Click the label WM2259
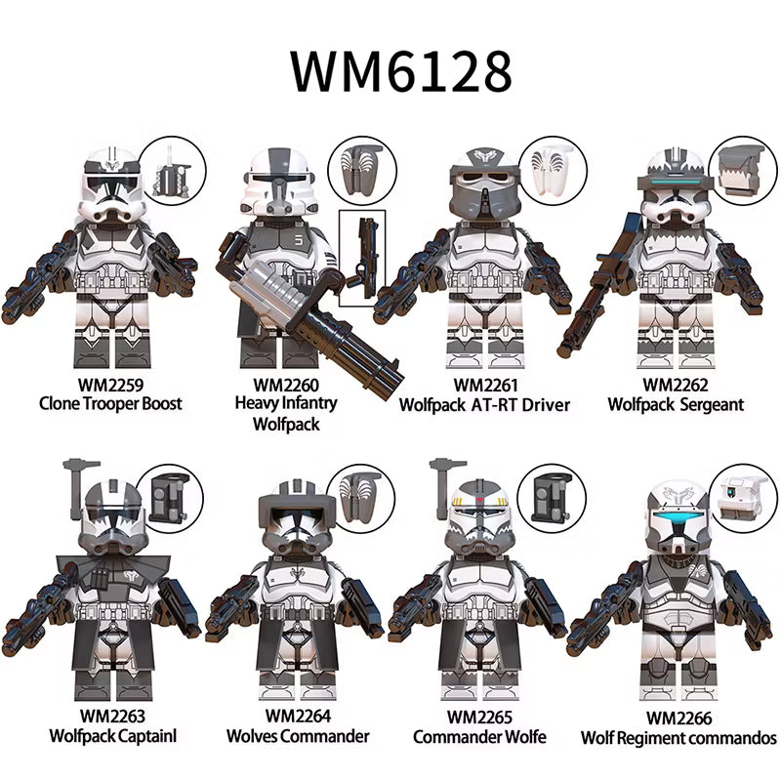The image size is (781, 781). tap(110, 385)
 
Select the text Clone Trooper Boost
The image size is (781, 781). tap(110, 403)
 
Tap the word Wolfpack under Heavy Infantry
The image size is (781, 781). tap(286, 425)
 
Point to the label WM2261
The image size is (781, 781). tap(485, 385)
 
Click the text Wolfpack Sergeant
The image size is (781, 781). tap(676, 404)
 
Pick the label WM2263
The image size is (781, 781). tap(112, 717)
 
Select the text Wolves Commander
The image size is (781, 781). tap(298, 736)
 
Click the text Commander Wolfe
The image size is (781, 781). tap(479, 737)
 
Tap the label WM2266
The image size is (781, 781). tap(678, 719)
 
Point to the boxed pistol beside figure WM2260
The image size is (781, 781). tap(363, 258)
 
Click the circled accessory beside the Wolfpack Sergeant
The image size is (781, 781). tap(742, 170)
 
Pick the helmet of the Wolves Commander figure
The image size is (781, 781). tap(298, 518)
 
